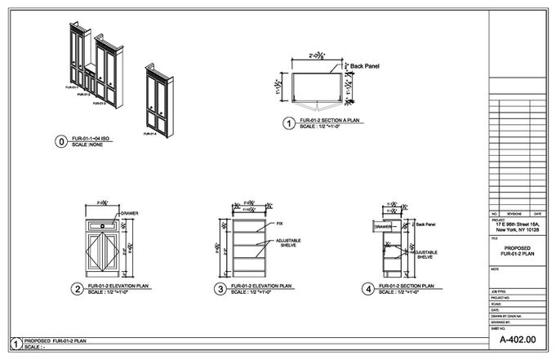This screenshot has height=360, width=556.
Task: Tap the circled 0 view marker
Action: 60,141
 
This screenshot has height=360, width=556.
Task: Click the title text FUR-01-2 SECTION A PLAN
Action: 331,121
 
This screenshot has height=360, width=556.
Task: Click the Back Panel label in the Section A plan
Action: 364,66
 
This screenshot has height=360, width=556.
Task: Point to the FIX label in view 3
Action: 279,224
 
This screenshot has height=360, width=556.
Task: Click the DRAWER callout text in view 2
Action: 129,214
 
